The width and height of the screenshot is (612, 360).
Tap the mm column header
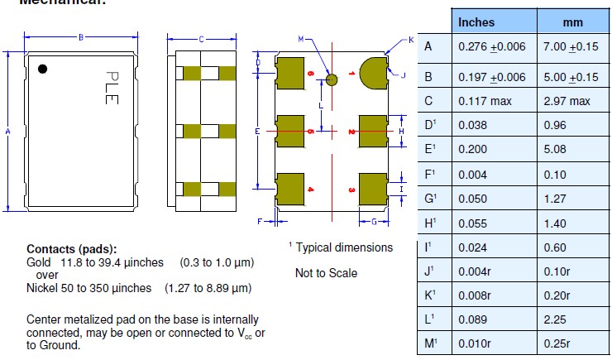click(573, 22)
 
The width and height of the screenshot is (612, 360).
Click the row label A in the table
click(428, 46)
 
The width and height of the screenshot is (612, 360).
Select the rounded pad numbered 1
click(374, 71)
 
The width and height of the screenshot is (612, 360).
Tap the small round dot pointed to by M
click(332, 80)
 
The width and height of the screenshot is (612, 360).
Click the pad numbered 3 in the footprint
click(373, 189)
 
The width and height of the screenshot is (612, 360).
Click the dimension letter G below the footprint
click(374, 222)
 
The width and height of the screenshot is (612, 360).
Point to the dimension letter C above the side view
click(201, 39)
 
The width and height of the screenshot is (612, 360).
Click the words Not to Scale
click(326, 273)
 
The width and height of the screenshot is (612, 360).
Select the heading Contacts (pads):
click(72, 249)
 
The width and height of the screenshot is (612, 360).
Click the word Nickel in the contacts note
click(43, 288)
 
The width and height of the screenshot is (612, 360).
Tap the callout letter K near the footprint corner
click(411, 40)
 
